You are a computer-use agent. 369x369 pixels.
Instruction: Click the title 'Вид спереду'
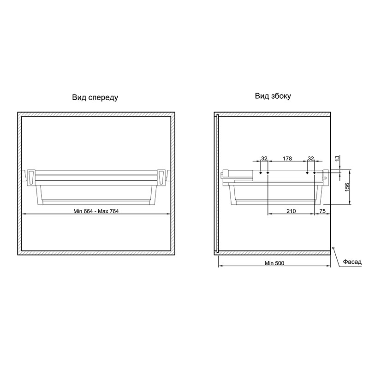(95, 98)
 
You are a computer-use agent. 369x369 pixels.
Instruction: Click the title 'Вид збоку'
(273, 96)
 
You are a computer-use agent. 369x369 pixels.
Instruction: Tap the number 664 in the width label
(88, 211)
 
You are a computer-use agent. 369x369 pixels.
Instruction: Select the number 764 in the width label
(114, 211)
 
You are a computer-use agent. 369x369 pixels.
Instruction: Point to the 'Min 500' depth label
(274, 263)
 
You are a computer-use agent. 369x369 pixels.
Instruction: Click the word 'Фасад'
(352, 262)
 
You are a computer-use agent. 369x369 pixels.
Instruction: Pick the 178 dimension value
(287, 159)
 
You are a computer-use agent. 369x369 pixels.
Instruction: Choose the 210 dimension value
(291, 211)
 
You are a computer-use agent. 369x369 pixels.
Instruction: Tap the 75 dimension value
(322, 211)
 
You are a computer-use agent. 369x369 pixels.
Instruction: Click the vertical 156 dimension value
(347, 187)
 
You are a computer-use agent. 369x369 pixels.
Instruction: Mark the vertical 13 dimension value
(337, 158)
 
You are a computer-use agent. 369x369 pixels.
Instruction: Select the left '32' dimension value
(264, 159)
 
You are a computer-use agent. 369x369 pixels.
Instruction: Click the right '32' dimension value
(311, 159)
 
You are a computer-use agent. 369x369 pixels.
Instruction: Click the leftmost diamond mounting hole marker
(261, 173)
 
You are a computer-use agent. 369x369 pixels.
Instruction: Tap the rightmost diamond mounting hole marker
(315, 173)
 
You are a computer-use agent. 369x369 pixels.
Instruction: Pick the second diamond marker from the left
(268, 173)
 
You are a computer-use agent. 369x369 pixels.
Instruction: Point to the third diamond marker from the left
(307, 173)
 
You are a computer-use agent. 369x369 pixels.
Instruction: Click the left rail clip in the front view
(31, 177)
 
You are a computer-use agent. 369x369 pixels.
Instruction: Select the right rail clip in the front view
(161, 177)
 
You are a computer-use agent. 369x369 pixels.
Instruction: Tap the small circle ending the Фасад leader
(333, 248)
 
